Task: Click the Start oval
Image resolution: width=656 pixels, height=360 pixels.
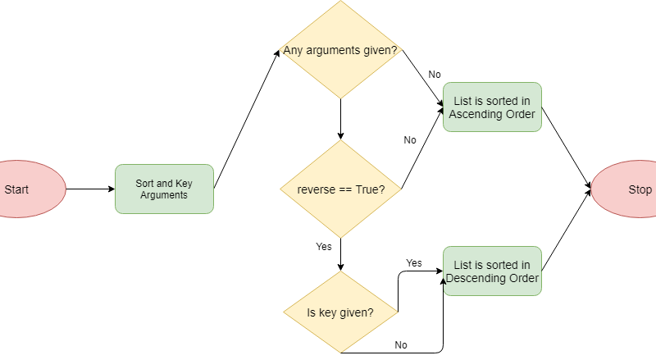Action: tap(25, 189)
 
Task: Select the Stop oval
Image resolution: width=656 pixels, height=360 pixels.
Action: tap(627, 189)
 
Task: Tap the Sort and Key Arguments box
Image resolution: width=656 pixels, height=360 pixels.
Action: tap(164, 189)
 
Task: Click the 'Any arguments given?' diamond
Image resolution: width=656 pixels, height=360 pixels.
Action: tap(339, 51)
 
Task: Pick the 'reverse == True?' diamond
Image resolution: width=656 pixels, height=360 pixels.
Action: tap(339, 189)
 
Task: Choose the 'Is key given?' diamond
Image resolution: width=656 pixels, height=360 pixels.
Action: tap(339, 312)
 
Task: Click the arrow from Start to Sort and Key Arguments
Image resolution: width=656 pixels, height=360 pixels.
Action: tap(90, 189)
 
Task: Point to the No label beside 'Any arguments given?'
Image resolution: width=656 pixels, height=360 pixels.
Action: tap(435, 75)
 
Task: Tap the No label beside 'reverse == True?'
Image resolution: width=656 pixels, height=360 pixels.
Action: tap(410, 140)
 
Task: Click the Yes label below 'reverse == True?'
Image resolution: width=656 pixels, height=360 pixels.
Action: tap(323, 246)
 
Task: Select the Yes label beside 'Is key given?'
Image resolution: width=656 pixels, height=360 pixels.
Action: tap(414, 263)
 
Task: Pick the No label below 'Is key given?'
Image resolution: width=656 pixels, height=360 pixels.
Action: tap(401, 345)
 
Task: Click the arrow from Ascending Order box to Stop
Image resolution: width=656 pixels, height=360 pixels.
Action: tap(566, 148)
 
